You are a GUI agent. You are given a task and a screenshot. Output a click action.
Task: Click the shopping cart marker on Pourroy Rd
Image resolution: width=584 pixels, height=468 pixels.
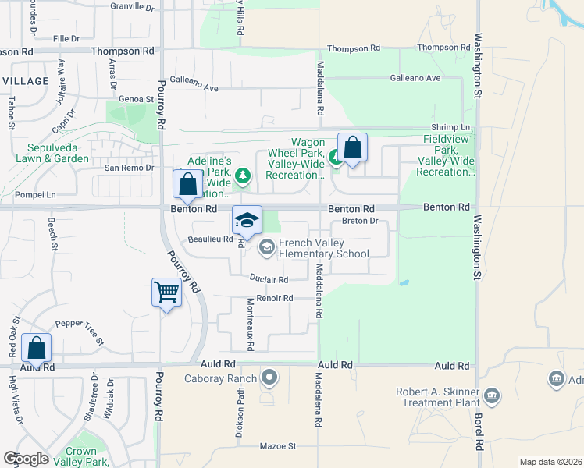pyautogui.click(x=166, y=293)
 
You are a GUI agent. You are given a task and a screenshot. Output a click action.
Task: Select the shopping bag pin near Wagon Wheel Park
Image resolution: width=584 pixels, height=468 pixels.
pyautogui.click(x=352, y=147)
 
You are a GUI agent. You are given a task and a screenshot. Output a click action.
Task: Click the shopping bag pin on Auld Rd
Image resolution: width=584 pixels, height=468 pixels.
pyautogui.click(x=36, y=348)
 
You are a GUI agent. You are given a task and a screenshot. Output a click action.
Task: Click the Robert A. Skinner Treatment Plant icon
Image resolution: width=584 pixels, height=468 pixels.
pyautogui.click(x=492, y=395)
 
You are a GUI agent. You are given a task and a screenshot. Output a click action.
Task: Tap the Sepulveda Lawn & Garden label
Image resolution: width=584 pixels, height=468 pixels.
pyautogui.click(x=47, y=152)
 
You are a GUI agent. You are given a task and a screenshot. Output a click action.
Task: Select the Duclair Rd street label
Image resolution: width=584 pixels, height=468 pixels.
pyautogui.click(x=269, y=279)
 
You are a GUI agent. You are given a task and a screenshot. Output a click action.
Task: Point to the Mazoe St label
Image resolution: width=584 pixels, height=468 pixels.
pyautogui.click(x=279, y=446)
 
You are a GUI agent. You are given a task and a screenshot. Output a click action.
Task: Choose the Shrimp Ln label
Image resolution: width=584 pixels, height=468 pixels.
pyautogui.click(x=452, y=127)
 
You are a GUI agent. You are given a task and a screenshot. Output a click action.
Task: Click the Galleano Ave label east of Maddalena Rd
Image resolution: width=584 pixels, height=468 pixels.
pyautogui.click(x=415, y=78)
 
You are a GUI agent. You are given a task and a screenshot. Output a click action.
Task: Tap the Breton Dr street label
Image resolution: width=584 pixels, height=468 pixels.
pyautogui.click(x=360, y=221)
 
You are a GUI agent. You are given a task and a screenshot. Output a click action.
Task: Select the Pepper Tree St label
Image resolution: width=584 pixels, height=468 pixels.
pyautogui.click(x=79, y=331)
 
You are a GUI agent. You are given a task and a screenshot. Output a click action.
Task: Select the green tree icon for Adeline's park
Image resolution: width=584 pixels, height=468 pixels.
pyautogui.click(x=243, y=175)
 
